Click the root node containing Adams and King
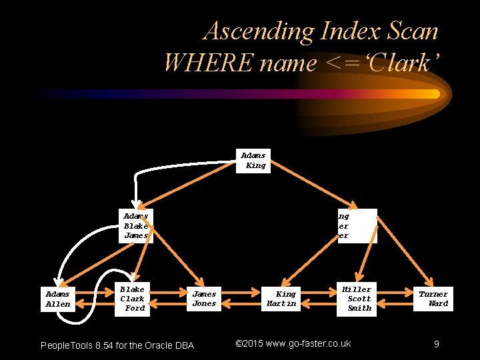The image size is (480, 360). (253, 161)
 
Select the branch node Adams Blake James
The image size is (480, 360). (137, 226)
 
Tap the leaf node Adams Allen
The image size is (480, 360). (58, 299)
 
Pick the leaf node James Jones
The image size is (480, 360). (204, 299)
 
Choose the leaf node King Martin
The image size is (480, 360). (282, 299)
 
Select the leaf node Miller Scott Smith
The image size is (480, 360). (358, 299)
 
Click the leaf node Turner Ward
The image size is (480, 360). (433, 299)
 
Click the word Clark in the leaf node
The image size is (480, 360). (132, 299)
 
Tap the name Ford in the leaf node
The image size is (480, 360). (135, 308)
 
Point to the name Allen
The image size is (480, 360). (58, 304)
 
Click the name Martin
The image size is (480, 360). (281, 304)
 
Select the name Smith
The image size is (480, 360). (359, 308)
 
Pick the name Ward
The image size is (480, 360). (438, 304)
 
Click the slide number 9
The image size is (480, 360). (436, 344)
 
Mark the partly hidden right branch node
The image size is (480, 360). (357, 226)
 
